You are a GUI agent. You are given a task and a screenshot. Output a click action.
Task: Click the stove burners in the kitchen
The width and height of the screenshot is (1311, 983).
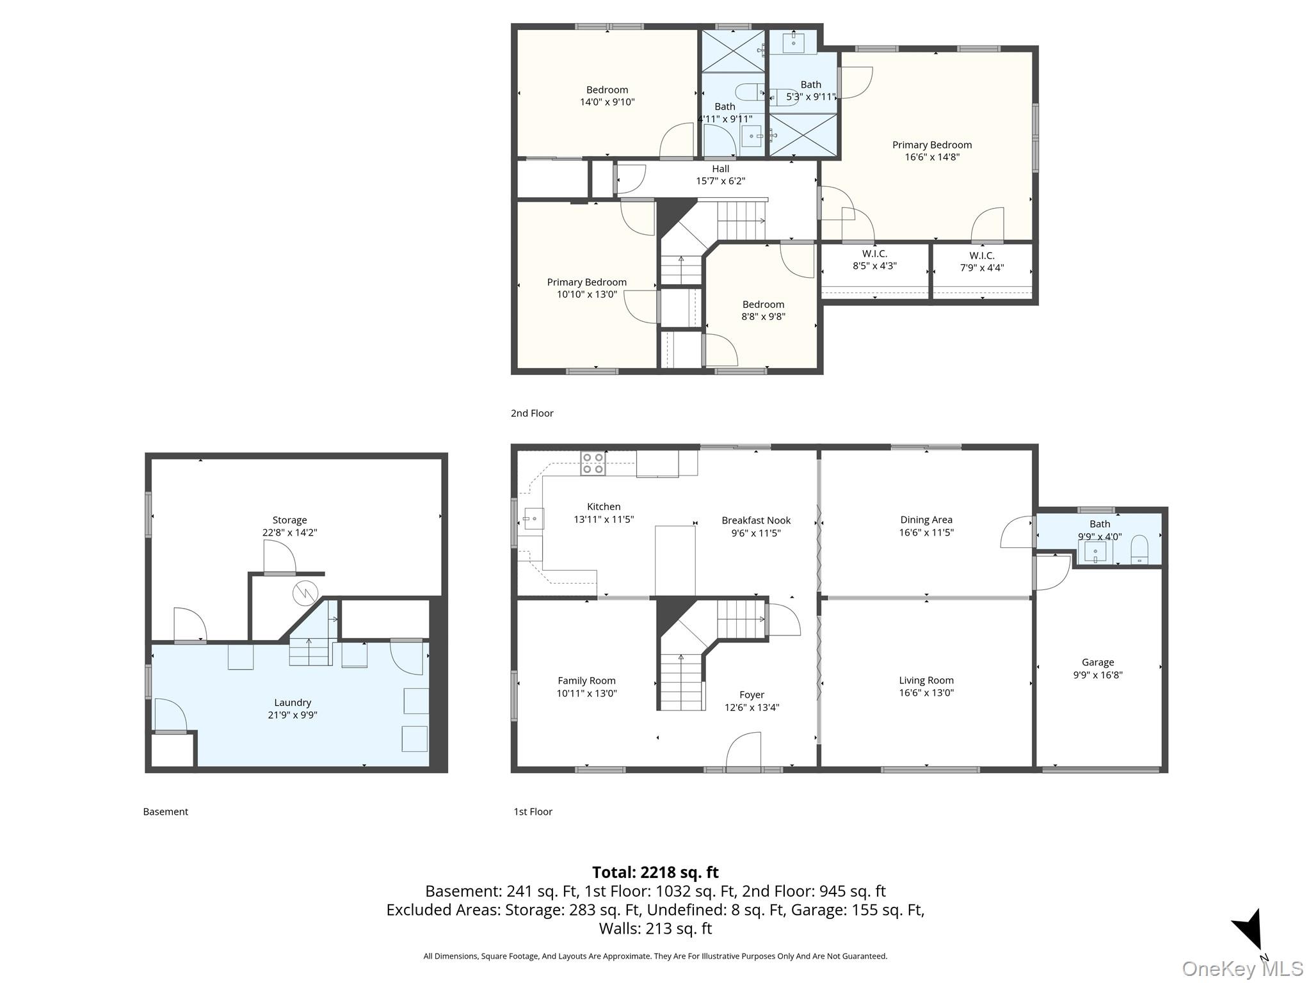[593, 463]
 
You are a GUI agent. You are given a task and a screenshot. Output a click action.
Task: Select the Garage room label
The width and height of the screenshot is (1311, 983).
[1098, 662]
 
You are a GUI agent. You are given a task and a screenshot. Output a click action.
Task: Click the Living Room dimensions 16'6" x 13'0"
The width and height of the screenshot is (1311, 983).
[926, 692]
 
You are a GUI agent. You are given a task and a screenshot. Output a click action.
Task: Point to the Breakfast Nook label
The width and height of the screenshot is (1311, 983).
[756, 520]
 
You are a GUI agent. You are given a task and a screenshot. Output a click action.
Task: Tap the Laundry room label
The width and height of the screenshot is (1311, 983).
[293, 703]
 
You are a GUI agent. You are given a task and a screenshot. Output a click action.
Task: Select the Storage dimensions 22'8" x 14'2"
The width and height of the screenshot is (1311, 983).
[289, 532]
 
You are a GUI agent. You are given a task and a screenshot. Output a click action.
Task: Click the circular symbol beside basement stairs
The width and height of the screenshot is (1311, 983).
[305, 595]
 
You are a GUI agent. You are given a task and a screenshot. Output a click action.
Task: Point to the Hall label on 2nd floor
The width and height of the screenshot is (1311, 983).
[721, 169]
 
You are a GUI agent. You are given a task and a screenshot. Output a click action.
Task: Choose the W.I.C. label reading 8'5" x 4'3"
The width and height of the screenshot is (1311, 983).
[874, 260]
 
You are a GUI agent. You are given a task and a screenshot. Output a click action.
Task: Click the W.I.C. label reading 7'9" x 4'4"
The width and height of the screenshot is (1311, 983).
[982, 262]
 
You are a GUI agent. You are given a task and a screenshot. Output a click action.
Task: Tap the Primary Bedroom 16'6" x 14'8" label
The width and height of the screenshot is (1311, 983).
[932, 151]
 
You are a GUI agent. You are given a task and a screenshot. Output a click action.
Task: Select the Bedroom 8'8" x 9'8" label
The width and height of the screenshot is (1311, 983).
[763, 310]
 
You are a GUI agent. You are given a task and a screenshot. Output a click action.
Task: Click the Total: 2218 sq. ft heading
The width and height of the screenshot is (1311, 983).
[655, 872]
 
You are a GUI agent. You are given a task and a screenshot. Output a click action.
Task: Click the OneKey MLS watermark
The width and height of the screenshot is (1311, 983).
[1243, 969]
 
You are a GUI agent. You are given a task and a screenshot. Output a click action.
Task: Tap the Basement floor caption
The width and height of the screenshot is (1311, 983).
[165, 811]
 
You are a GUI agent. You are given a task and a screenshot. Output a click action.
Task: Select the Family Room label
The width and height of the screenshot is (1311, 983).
[586, 681]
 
